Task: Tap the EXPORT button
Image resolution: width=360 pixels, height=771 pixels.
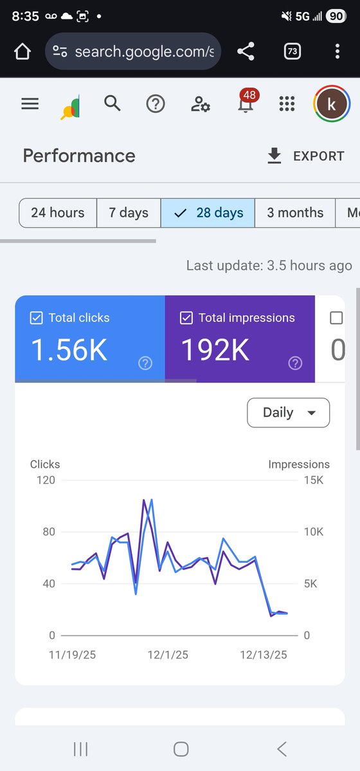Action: (x=306, y=156)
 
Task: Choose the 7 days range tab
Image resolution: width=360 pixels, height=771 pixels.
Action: (x=129, y=213)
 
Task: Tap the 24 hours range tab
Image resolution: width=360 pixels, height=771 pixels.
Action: (x=58, y=213)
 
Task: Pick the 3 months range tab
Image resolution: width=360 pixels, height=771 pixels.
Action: (x=295, y=213)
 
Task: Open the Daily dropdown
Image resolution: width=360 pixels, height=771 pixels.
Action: (x=288, y=412)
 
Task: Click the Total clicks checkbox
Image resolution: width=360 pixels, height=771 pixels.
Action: (x=37, y=317)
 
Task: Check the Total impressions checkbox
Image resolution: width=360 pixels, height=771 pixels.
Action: (x=186, y=317)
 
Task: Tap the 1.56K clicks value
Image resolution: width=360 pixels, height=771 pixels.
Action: (x=69, y=350)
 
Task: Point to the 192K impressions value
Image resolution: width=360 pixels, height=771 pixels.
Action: (x=215, y=350)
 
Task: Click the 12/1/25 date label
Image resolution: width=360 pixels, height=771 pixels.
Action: (x=168, y=655)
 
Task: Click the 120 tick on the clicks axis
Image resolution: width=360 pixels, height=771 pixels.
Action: (x=45, y=480)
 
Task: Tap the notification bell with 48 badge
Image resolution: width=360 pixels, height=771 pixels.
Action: (x=246, y=103)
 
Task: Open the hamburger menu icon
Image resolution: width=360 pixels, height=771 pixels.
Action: (x=30, y=103)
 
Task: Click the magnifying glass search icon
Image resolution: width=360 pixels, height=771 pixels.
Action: (x=113, y=103)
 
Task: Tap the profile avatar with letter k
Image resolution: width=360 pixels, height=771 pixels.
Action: (x=332, y=104)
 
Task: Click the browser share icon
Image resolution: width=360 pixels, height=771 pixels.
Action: (x=246, y=51)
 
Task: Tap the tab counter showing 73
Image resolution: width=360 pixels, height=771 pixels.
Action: (x=292, y=51)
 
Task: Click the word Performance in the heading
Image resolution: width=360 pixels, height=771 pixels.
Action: (x=79, y=156)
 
